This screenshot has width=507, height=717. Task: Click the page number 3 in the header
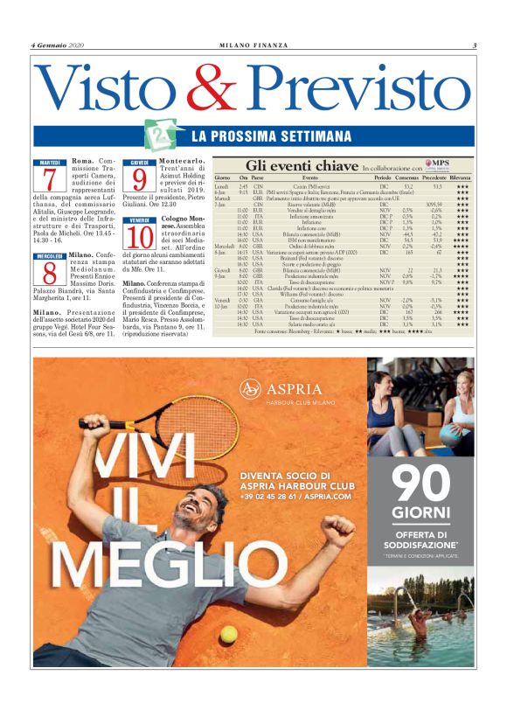click(473, 46)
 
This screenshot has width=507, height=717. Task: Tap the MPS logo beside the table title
click(436, 164)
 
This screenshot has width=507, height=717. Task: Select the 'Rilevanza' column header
click(461, 178)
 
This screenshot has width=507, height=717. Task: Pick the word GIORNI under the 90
click(420, 512)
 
